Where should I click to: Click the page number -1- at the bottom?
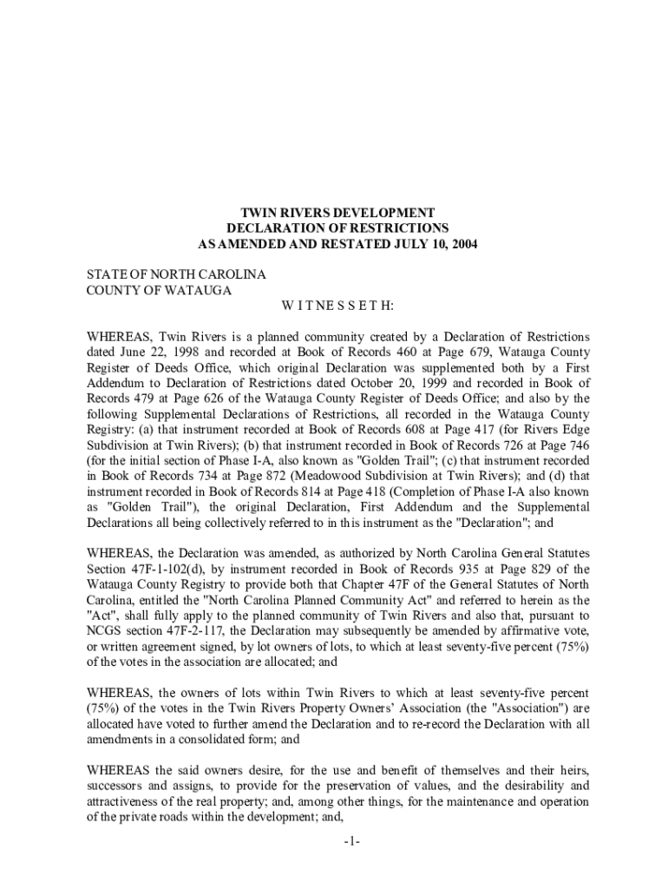351,841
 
